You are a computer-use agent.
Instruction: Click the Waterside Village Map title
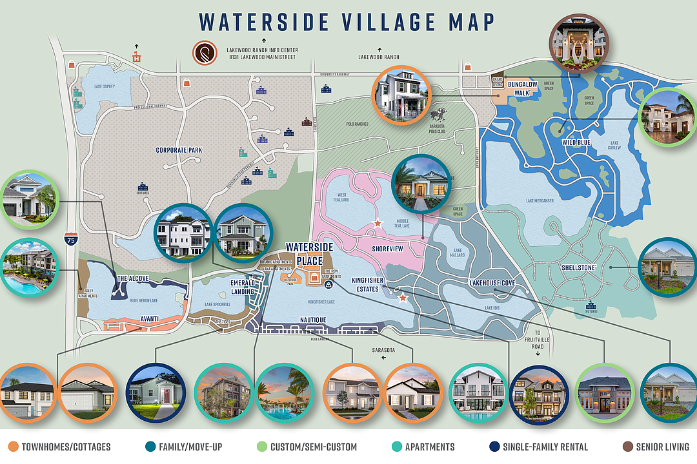coord(348,21)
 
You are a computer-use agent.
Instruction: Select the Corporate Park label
coord(179,150)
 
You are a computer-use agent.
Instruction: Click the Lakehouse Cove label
coord(492,283)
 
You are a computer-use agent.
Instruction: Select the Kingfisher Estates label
coord(372,284)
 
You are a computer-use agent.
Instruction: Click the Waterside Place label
coord(309,252)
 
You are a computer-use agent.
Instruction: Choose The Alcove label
coord(132,279)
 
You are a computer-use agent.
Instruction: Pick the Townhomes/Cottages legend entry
coord(61,447)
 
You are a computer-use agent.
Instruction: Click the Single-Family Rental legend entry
coord(530,447)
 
